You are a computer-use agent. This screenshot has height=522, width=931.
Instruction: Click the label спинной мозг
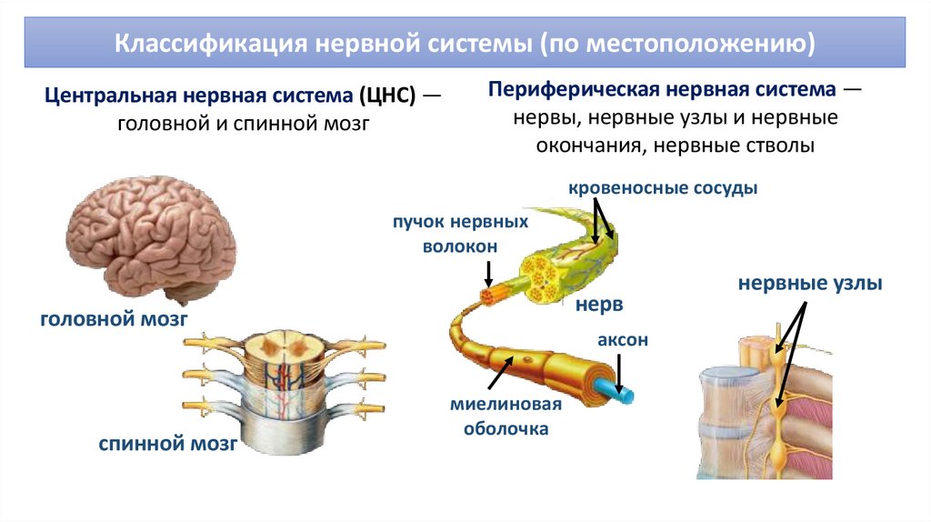[x=168, y=445]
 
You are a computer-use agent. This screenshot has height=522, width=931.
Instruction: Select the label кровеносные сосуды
[x=662, y=189]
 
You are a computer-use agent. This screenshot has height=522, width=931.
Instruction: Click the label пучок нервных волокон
[x=460, y=235]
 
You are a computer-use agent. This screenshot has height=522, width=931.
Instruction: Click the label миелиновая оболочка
[x=506, y=416]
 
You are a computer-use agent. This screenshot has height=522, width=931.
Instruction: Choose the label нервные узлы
[x=809, y=285]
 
